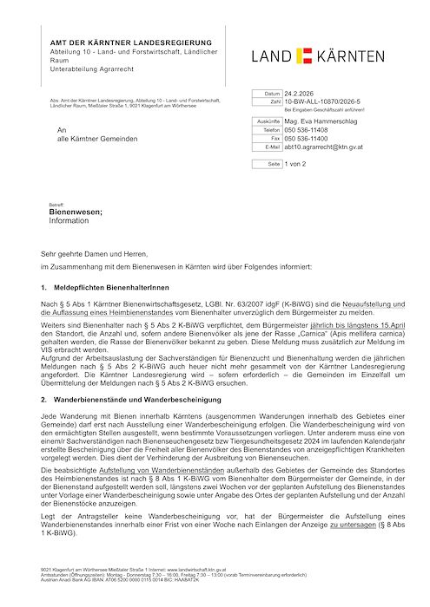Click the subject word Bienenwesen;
tap(76, 212)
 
